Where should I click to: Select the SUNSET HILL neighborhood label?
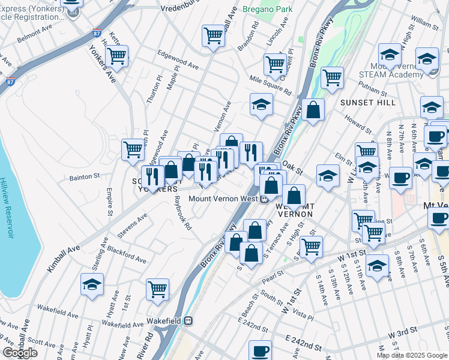[368, 103]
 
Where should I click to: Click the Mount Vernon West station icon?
[264, 199]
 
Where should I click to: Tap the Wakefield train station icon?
[188, 321]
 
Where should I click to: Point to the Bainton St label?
[84, 177]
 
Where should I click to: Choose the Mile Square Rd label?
[270, 85]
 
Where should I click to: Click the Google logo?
[20, 353]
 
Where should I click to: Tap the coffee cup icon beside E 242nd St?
[261, 350]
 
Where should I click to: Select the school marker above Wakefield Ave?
[92, 284]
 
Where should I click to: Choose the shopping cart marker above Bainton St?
[133, 149]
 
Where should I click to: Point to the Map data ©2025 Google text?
[412, 355]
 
